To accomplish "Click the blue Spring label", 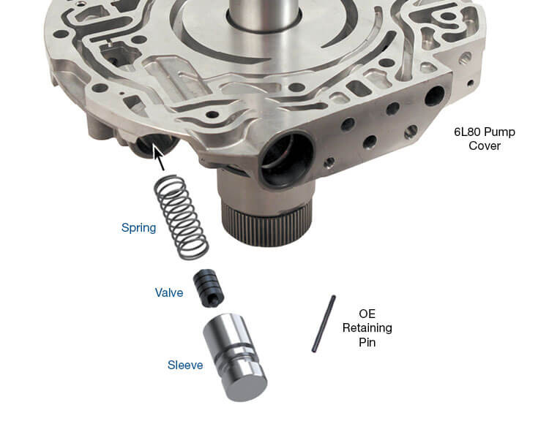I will click(x=138, y=227).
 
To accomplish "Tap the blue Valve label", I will click(x=168, y=292).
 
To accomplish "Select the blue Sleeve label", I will click(x=184, y=365).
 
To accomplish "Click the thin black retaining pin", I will click(x=323, y=323).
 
